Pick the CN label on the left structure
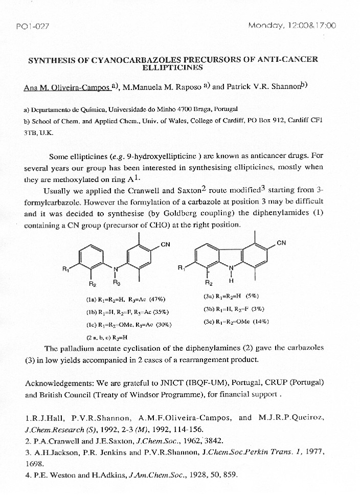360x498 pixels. coord(165,244)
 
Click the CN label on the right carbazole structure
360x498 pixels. coord(281,243)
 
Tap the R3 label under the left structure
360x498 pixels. coord(117,282)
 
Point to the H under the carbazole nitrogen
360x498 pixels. coord(231,281)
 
